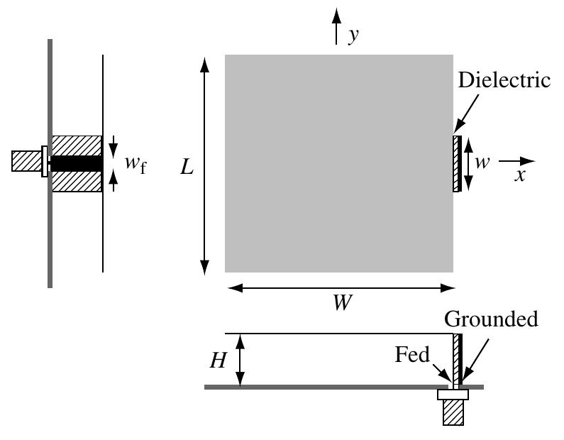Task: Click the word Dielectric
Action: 504,80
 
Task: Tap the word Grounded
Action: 491,319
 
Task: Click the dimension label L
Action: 187,167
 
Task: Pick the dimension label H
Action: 218,361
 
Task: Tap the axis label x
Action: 520,175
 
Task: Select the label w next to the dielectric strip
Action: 482,163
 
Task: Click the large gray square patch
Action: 339,163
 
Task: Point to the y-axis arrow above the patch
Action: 337,28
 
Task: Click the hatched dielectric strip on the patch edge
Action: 456,164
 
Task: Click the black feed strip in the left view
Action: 77,163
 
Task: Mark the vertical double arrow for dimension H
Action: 241,361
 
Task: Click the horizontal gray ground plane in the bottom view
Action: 319,387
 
